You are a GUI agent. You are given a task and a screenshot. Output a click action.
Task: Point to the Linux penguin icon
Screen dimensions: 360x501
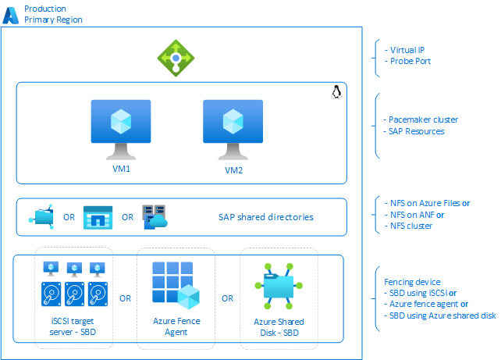click(336, 93)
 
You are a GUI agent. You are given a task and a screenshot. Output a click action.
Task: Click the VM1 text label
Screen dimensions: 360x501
click(120, 168)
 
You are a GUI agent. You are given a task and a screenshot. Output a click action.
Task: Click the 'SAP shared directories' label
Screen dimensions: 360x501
click(265, 216)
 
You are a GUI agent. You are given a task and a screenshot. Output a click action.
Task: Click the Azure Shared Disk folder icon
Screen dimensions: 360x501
click(279, 286)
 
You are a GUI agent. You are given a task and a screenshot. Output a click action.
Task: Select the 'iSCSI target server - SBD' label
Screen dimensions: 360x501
click(75, 327)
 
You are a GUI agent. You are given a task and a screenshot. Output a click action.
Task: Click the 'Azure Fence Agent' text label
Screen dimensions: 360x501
click(176, 327)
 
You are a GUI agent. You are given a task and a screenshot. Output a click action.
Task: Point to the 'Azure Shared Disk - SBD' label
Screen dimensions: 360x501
click(279, 327)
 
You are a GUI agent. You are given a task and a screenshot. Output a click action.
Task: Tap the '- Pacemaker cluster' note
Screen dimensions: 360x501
click(421, 119)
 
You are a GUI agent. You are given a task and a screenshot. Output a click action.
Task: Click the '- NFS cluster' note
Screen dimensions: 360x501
click(410, 226)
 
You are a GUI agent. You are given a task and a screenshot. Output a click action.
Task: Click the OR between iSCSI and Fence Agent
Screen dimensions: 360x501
click(125, 298)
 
